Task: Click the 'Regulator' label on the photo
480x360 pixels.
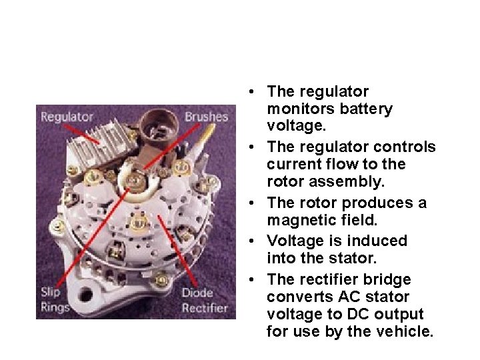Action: [x=67, y=117]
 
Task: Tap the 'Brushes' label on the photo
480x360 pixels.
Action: [x=206, y=117]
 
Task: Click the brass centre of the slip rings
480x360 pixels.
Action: [x=137, y=178]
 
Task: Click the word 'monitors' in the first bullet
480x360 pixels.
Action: [x=296, y=109]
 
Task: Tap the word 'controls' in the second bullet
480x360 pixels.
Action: [x=407, y=147]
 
